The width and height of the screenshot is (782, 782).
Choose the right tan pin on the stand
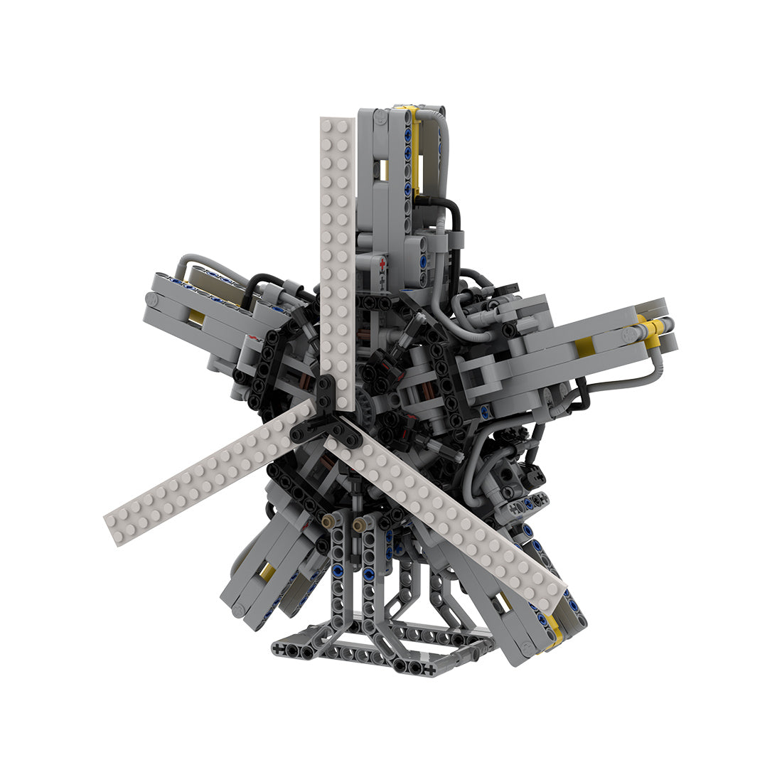358,523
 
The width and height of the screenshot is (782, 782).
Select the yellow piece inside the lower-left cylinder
267,572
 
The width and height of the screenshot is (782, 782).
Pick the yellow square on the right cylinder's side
584,347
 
